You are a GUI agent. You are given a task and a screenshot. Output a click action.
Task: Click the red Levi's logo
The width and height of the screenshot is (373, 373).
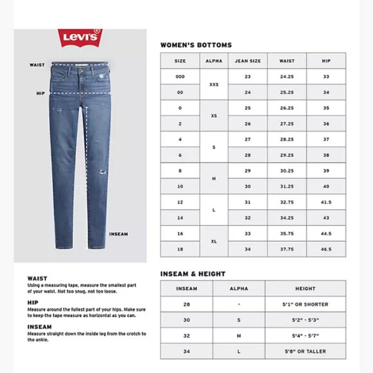(x=80, y=37)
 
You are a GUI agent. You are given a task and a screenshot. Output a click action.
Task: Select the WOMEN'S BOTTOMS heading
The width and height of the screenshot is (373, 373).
(x=196, y=45)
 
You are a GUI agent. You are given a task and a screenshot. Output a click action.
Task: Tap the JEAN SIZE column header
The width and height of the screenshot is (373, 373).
(x=248, y=60)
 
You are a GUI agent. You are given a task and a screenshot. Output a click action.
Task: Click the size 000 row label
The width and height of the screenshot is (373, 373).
(x=180, y=77)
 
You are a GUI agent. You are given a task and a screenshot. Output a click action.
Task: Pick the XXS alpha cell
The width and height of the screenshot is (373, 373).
(x=214, y=84)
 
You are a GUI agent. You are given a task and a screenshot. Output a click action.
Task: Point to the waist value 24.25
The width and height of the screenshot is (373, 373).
(x=287, y=77)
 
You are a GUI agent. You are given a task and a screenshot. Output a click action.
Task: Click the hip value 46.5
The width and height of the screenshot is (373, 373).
(x=326, y=248)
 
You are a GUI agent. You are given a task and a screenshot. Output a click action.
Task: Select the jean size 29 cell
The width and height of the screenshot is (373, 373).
(x=248, y=170)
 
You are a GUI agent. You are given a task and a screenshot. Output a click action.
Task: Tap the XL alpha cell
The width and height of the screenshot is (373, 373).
(x=214, y=241)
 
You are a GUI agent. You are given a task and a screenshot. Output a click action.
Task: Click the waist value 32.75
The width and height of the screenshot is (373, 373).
(x=287, y=202)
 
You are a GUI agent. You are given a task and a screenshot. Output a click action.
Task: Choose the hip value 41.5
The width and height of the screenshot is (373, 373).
(x=326, y=202)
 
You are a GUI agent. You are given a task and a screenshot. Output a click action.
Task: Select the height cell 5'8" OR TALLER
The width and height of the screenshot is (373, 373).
(x=305, y=351)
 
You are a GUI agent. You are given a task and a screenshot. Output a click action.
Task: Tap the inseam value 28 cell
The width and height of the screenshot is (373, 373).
(x=186, y=304)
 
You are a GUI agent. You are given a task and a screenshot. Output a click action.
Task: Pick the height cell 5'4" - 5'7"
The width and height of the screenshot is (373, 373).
(x=305, y=336)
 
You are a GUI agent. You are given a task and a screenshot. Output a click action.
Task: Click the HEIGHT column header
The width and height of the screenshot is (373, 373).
(x=305, y=289)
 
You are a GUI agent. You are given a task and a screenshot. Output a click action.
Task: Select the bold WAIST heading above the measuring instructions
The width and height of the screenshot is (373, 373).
(x=37, y=278)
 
